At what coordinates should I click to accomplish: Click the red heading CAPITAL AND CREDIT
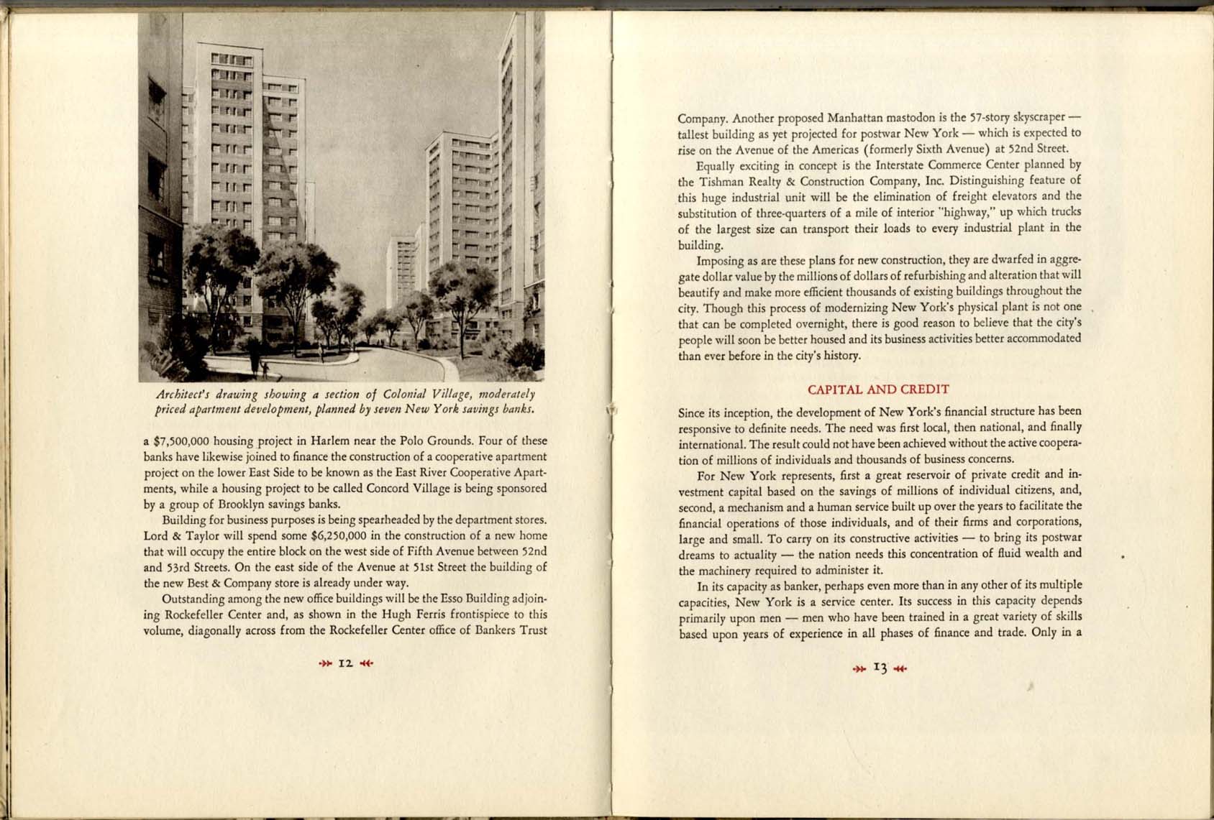pyautogui.click(x=878, y=390)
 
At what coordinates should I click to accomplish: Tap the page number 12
pyautogui.click(x=345, y=663)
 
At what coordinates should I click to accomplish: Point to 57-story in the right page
pyautogui.click(x=991, y=117)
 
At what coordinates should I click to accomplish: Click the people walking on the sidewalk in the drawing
pyautogui.click(x=259, y=362)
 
